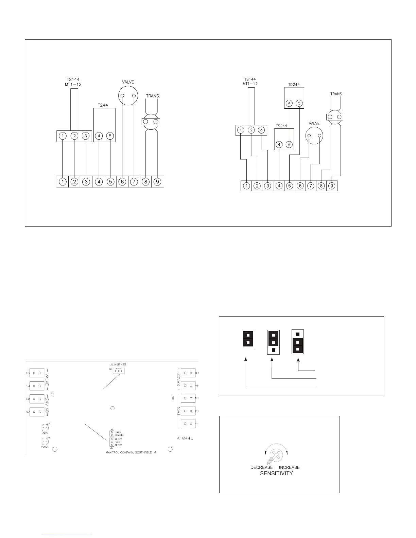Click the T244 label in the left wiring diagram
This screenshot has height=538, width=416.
click(x=103, y=105)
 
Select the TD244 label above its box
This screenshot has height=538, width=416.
click(x=294, y=85)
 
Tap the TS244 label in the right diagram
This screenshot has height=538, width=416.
click(x=281, y=126)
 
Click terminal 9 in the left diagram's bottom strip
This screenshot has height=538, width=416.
click(x=157, y=182)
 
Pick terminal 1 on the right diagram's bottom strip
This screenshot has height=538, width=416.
click(x=247, y=186)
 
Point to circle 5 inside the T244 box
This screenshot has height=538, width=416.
click(x=110, y=136)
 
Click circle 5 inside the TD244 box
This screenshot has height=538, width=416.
click(x=299, y=103)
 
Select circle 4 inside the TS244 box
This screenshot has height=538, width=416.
click(x=279, y=145)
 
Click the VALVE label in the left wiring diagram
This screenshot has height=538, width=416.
click(x=128, y=82)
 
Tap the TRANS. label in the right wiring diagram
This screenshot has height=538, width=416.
click(x=336, y=94)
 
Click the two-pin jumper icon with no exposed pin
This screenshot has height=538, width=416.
click(x=248, y=339)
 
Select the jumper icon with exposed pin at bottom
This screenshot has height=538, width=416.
click(x=274, y=341)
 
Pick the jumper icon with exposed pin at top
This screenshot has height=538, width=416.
click(x=298, y=341)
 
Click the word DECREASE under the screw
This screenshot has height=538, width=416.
click(x=261, y=467)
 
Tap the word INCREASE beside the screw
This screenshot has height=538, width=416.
click(x=289, y=467)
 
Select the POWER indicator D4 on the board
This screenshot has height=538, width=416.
click(x=45, y=442)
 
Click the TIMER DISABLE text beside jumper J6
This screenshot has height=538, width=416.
click(x=119, y=434)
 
